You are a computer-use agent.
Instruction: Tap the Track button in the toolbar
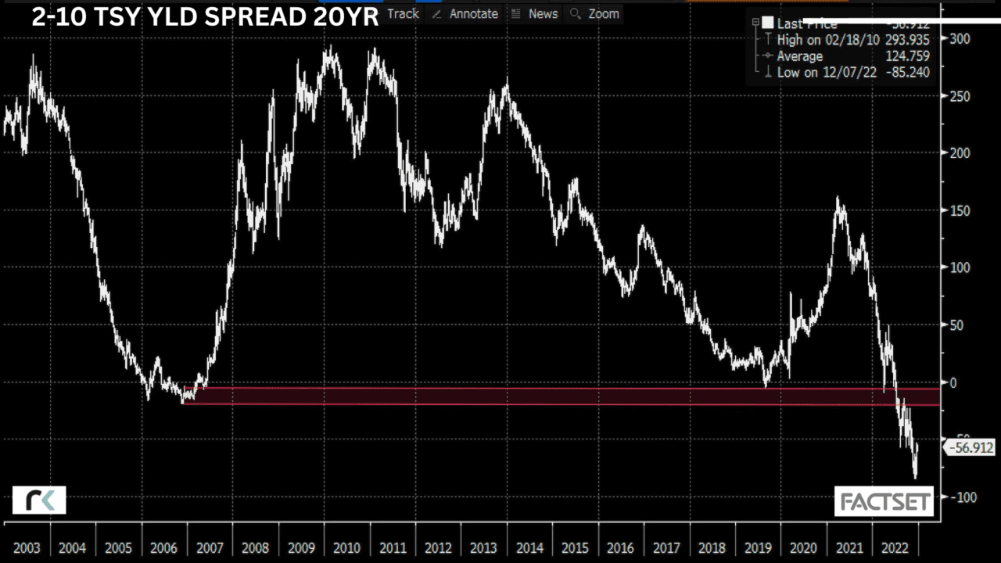(403, 13)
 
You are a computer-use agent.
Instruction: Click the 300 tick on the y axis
(959, 38)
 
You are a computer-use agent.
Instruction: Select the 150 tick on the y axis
(959, 210)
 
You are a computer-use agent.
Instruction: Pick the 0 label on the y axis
(953, 382)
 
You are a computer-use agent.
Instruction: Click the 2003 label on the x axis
(27, 547)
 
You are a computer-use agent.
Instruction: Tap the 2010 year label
(346, 547)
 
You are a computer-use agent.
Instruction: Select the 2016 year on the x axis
(620, 547)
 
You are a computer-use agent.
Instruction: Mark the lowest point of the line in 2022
(915, 478)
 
